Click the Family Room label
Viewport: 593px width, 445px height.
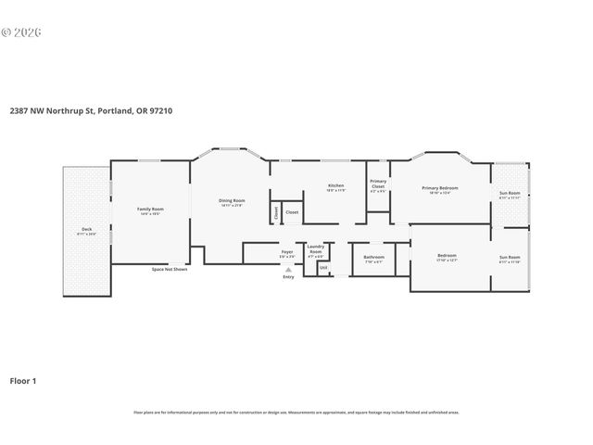point(150,210)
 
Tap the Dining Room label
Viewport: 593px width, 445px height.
point(232,201)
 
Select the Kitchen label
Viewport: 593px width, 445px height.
point(336,186)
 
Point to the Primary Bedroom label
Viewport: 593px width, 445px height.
point(440,189)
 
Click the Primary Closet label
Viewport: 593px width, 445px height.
point(378,184)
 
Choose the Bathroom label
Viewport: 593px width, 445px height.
point(373,257)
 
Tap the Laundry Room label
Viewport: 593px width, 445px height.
point(315,248)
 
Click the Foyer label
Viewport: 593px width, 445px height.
point(287,251)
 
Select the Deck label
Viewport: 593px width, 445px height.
point(86,229)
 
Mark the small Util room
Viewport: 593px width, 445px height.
point(323,268)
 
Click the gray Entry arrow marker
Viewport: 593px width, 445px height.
point(288,270)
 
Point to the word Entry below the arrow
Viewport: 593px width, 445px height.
point(288,277)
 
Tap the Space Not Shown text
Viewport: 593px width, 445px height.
point(170,269)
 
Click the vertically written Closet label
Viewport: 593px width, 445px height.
point(276,213)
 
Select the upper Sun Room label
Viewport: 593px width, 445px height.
point(510,194)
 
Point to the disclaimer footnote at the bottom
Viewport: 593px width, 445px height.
point(296,412)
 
